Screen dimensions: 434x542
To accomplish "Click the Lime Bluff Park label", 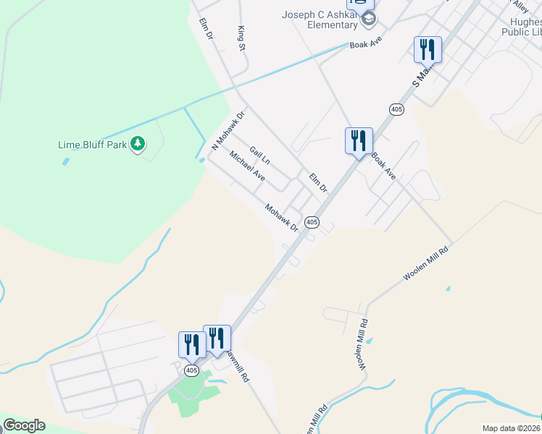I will point(92,145).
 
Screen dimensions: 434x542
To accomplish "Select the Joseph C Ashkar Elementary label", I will point(320,20).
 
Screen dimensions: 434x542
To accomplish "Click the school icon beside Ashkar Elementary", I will point(369,19).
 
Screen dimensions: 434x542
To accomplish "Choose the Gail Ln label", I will point(259,155).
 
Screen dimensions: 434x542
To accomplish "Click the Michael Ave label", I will point(247,166).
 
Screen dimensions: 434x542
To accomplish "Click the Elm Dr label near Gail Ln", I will point(318,182).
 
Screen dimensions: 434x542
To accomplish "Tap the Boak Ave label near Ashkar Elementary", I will point(365,43).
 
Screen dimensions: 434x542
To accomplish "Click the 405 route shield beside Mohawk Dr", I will point(311,222).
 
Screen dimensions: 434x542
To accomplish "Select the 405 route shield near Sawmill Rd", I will point(191,370).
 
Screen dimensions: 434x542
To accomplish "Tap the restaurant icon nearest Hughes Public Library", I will point(428,48).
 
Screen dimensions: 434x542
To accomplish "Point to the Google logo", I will point(24,425).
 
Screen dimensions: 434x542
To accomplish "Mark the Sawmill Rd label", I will point(237,367).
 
